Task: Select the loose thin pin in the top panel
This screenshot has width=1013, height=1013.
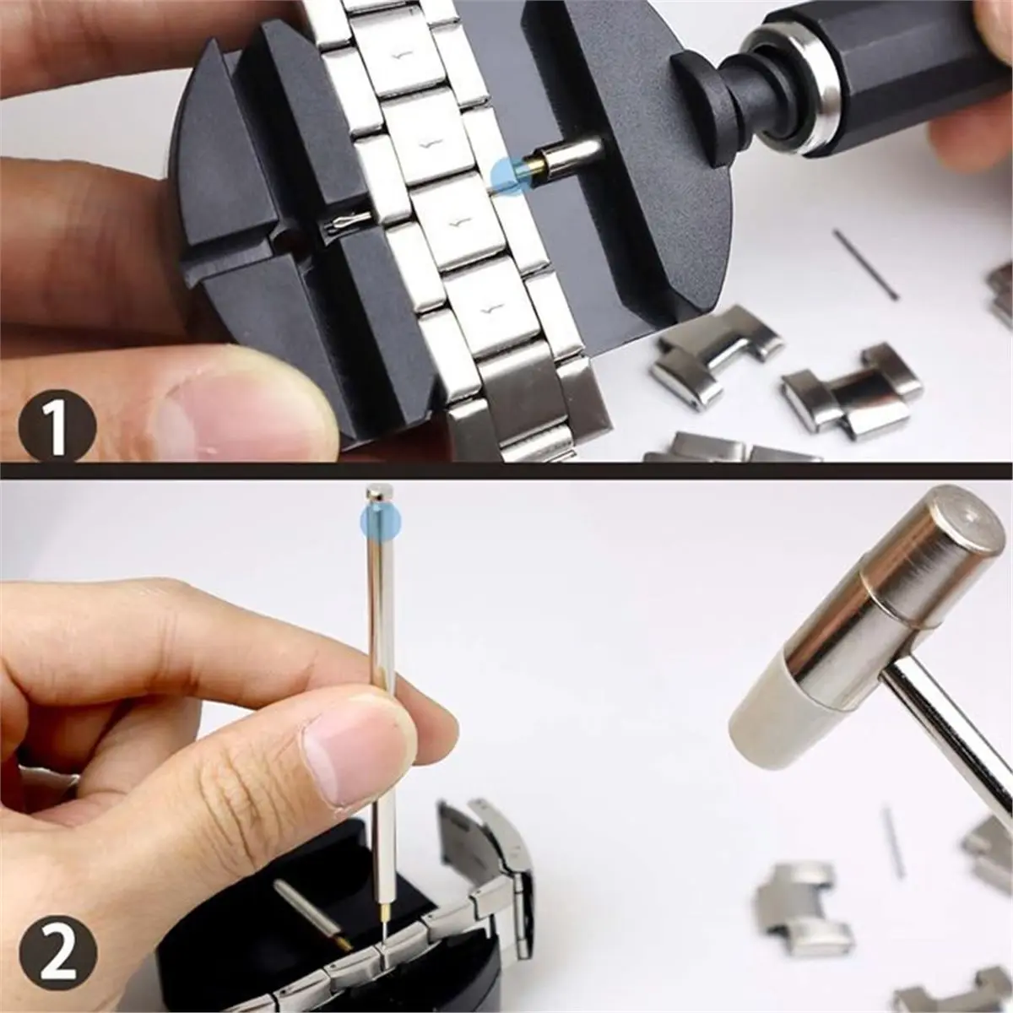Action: coord(864,263)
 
